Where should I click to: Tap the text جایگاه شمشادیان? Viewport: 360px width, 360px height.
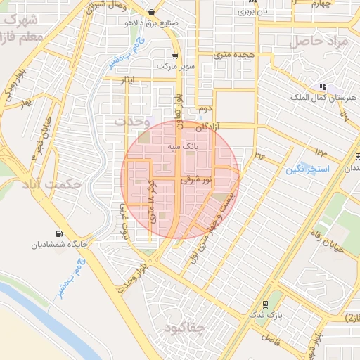[58, 245]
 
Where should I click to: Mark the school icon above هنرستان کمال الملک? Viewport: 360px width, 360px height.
[323, 86]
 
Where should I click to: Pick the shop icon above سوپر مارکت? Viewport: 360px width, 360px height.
[174, 55]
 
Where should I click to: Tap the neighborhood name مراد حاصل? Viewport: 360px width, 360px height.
[323, 41]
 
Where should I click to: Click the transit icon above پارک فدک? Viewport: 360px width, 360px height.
[265, 304]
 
